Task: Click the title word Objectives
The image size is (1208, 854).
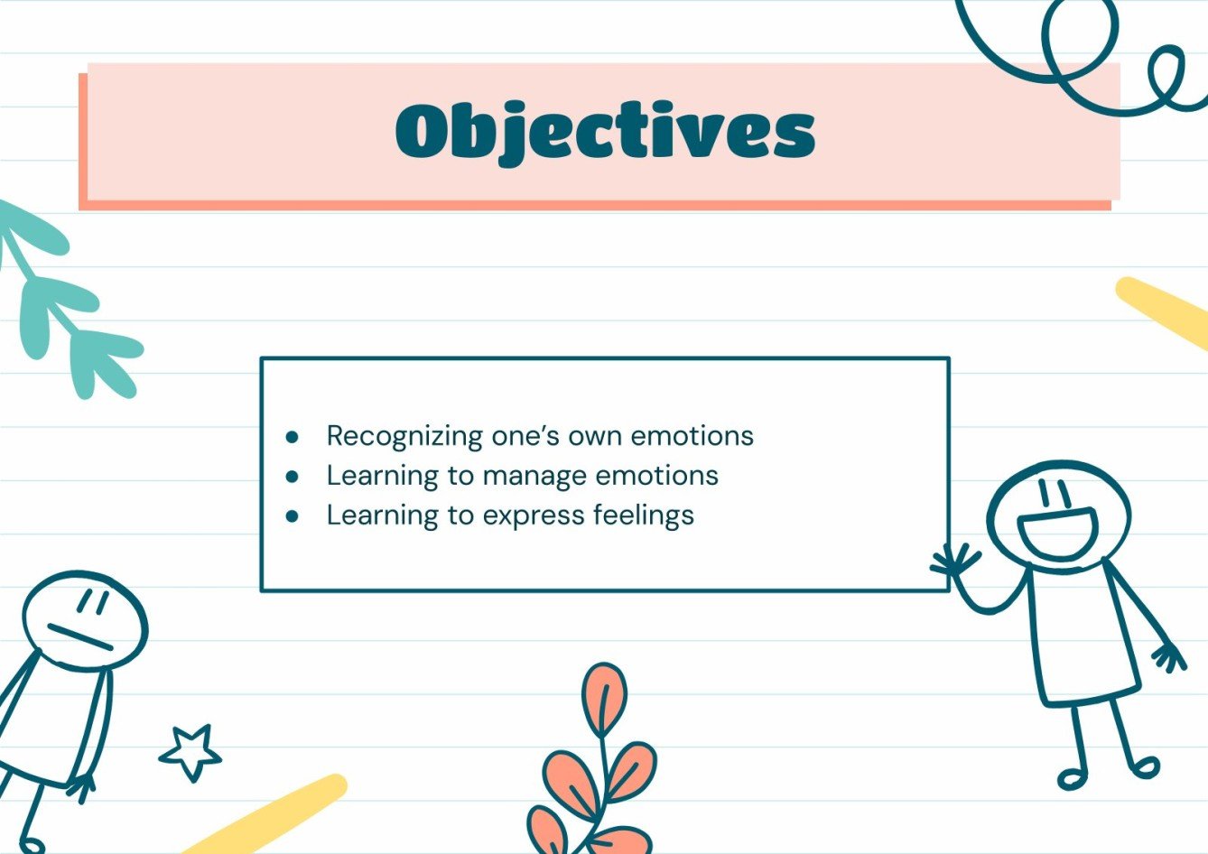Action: tap(605, 132)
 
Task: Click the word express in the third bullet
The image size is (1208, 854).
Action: tap(534, 516)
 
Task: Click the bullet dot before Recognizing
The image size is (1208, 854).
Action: tap(292, 437)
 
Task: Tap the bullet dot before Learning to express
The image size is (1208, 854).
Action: tap(292, 516)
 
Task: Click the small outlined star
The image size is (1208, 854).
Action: tap(190, 751)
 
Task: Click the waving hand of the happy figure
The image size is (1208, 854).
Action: tap(953, 562)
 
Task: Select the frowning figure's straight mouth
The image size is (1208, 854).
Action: tap(80, 637)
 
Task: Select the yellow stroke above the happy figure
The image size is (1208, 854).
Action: tap(1163, 311)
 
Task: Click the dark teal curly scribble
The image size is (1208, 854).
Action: tap(1083, 54)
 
